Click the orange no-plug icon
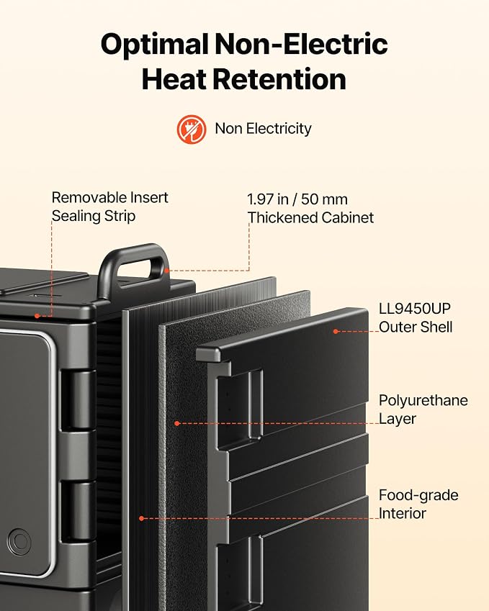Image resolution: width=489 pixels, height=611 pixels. click(x=192, y=129)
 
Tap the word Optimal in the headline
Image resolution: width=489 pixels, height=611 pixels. click(x=154, y=45)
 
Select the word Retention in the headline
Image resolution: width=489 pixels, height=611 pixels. click(x=279, y=79)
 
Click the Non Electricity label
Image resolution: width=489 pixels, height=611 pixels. click(x=263, y=129)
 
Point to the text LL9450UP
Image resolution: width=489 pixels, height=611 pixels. click(x=415, y=309)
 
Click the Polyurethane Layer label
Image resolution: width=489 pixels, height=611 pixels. click(x=423, y=409)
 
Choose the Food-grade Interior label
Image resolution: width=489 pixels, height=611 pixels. click(x=418, y=504)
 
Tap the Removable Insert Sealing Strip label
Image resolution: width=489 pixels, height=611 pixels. click(x=109, y=207)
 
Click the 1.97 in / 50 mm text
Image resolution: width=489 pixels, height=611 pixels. click(x=297, y=199)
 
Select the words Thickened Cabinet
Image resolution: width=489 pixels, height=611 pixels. click(x=310, y=217)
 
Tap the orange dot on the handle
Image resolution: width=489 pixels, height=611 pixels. click(x=167, y=271)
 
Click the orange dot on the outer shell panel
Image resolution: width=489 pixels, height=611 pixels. click(x=336, y=331)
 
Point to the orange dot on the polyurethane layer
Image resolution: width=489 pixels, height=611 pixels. click(x=177, y=423)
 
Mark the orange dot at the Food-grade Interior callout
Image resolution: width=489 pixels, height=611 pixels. click(x=142, y=518)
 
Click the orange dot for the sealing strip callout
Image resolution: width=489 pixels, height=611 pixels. click(x=37, y=316)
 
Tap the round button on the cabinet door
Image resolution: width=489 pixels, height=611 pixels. click(x=19, y=542)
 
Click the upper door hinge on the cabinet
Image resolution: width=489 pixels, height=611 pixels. click(x=78, y=400)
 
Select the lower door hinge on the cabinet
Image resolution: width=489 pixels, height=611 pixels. click(x=78, y=511)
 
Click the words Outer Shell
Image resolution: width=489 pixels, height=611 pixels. click(x=416, y=327)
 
